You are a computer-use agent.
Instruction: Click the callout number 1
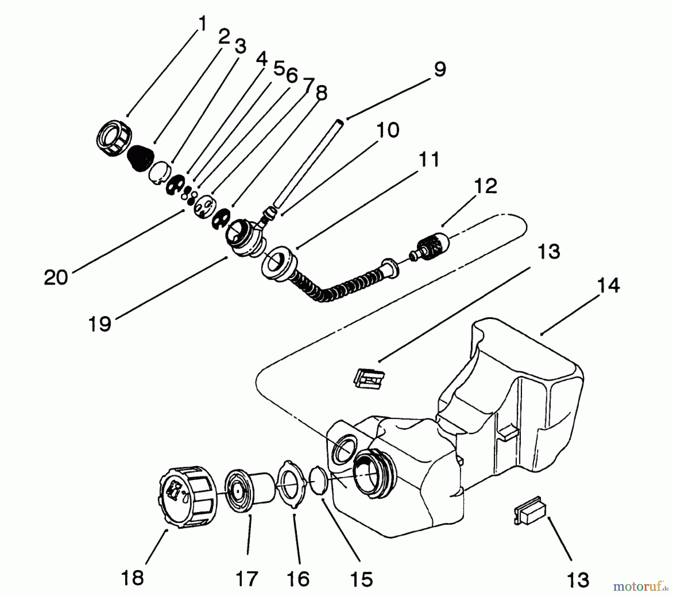pyautogui.click(x=202, y=24)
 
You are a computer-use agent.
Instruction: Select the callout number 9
pyautogui.click(x=440, y=70)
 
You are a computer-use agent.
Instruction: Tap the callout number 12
pyautogui.click(x=485, y=186)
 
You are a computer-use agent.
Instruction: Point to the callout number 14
pyautogui.click(x=608, y=285)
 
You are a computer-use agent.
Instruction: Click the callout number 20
pyautogui.click(x=56, y=278)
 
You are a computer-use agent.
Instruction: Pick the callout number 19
pyautogui.click(x=100, y=324)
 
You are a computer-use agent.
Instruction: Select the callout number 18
pyautogui.click(x=132, y=578)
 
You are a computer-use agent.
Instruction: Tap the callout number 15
pyautogui.click(x=362, y=579)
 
